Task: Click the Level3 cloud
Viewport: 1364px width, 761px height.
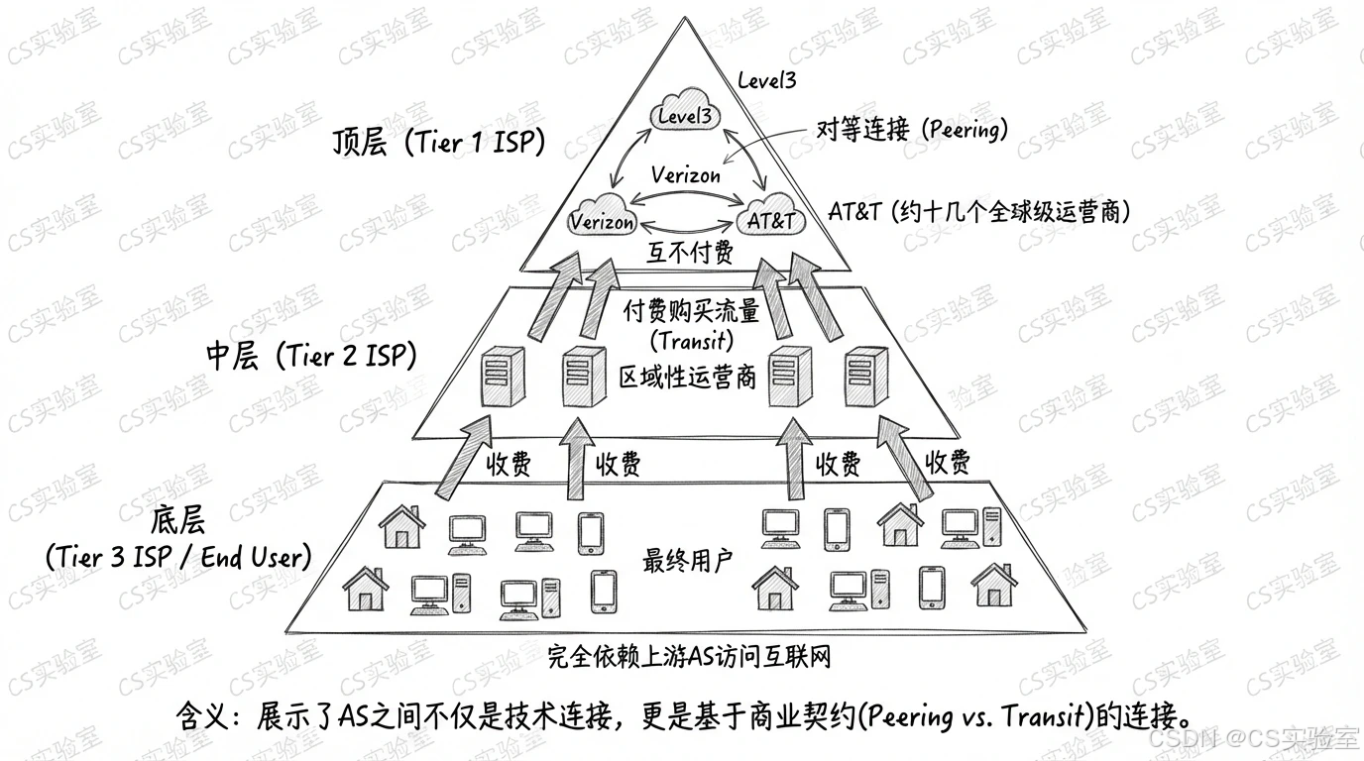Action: click(x=684, y=117)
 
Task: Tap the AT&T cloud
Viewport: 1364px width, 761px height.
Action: click(x=770, y=221)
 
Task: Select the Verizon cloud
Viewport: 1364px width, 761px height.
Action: click(x=603, y=221)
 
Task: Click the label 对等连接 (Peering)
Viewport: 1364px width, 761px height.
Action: click(x=911, y=129)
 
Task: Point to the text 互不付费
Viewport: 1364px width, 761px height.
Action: click(x=690, y=254)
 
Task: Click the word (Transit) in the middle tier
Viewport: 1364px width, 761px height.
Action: click(x=690, y=342)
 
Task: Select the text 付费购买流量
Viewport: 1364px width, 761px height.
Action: click(x=690, y=312)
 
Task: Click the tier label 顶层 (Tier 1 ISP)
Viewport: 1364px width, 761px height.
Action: click(x=438, y=144)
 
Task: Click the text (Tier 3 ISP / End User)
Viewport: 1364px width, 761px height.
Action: click(x=178, y=557)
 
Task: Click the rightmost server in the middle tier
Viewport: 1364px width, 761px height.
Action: click(x=865, y=376)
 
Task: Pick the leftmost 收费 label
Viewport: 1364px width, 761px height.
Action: click(x=510, y=464)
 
